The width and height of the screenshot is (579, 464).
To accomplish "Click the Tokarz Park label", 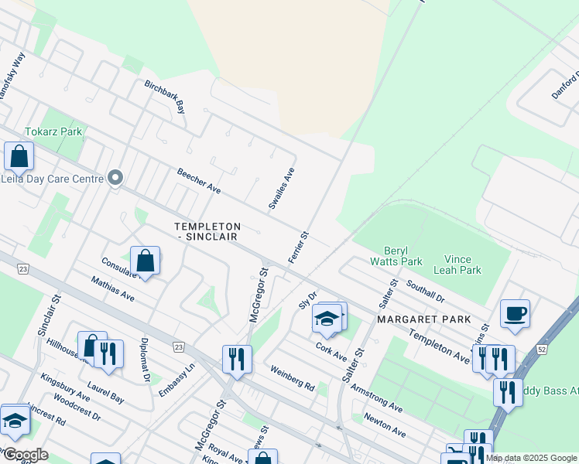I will [53, 131].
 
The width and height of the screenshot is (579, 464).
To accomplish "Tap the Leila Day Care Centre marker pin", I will [116, 179].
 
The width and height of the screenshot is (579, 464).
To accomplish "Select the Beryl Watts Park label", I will [403, 255].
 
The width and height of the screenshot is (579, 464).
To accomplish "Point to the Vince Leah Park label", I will [463, 264].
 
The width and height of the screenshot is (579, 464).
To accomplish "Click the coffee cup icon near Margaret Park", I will [515, 313].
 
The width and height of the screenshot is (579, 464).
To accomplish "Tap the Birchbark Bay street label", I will [165, 97].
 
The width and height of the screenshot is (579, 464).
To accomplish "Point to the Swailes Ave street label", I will [281, 189].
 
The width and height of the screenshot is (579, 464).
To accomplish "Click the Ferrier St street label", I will [299, 247].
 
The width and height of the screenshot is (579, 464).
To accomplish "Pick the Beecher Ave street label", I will [199, 182].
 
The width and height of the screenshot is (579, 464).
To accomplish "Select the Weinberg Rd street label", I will [293, 377].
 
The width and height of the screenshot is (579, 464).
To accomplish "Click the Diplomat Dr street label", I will [145, 360].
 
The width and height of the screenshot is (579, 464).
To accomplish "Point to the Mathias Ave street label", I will [112, 289].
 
